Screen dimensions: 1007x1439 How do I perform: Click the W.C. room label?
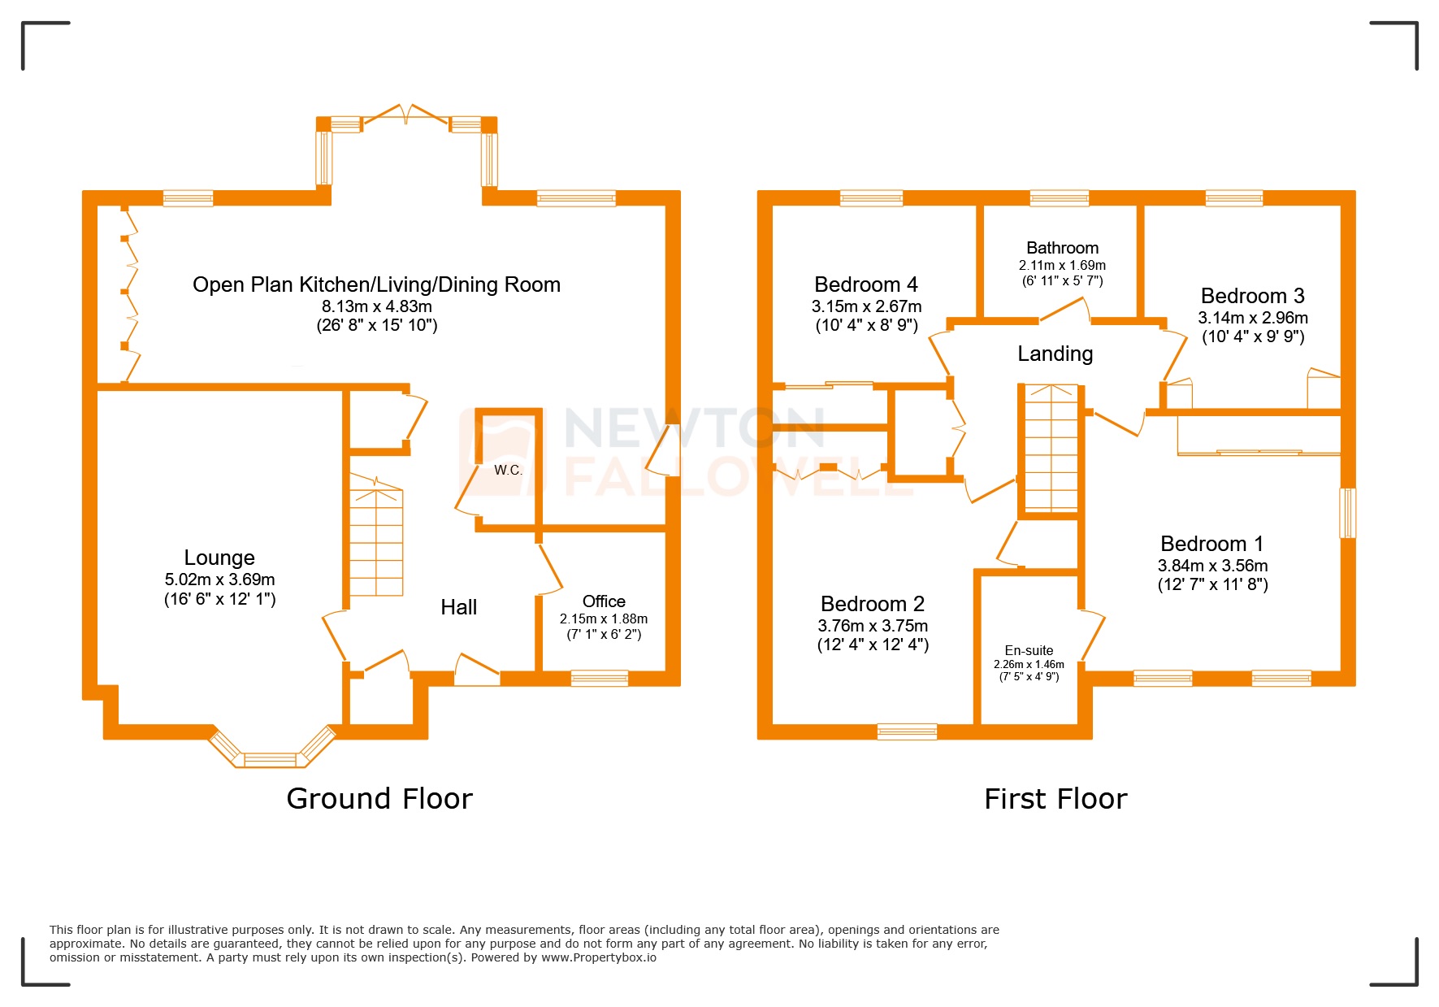pos(508,470)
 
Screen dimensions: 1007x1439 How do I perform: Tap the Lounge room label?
pos(219,558)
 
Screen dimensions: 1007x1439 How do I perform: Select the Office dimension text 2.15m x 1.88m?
pos(604,619)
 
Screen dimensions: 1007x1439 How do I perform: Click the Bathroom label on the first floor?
pos(1062,248)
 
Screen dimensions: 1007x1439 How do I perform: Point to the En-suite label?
pos(1029,650)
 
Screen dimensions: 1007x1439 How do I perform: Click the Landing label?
pos(1055,354)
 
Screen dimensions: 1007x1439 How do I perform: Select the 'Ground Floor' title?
pos(379,799)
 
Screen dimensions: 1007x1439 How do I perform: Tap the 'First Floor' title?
pos(1055,799)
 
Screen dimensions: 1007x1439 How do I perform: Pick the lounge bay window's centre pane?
pos(271,759)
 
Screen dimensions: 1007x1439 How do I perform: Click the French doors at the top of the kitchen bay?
pos(405,115)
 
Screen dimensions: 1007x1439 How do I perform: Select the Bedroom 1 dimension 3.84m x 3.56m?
pos(1212,566)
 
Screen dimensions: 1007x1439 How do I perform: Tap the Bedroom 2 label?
pos(873,604)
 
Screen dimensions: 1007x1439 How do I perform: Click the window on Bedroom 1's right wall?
pos(1347,513)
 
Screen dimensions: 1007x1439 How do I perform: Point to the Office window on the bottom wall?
pos(600,678)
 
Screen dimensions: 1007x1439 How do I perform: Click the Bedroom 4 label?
pos(866,284)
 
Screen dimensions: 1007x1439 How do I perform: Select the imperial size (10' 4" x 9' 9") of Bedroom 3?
pos(1253,336)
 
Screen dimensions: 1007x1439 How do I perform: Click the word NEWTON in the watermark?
pos(694,428)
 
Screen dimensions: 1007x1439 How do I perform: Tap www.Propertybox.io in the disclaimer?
pos(599,957)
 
